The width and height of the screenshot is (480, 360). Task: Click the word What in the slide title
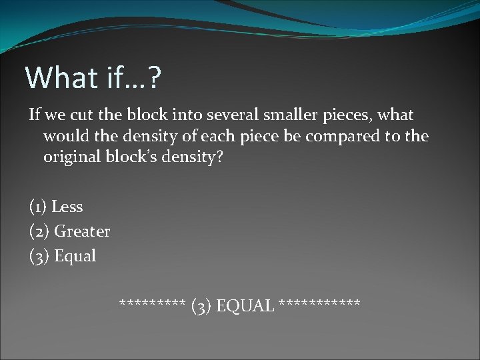[61, 78]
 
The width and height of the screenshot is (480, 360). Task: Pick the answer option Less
[67, 207]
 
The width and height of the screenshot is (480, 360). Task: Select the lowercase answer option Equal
[75, 255]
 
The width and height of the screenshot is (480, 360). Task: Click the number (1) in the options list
[38, 207]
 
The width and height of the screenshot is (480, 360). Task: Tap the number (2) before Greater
[39, 231]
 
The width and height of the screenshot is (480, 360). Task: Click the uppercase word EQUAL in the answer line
[245, 306]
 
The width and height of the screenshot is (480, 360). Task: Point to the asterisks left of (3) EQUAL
[152, 305]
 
